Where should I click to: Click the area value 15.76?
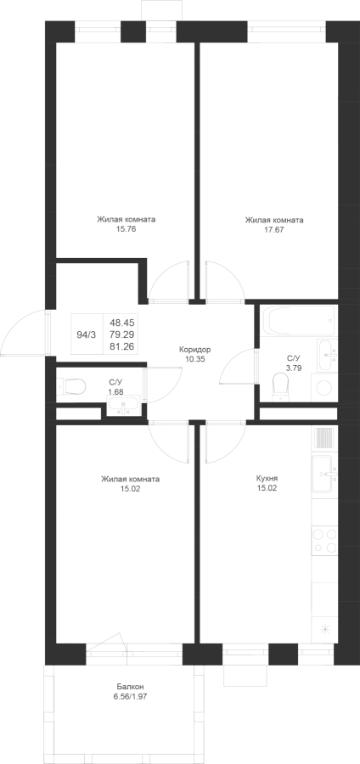click(127, 229)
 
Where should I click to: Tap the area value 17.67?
click(274, 229)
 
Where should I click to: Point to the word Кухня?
click(267, 479)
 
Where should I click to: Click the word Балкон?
click(130, 687)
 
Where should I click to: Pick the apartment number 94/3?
click(87, 334)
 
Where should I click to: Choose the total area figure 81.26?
click(123, 346)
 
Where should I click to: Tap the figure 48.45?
click(123, 323)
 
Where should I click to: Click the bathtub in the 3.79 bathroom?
click(298, 321)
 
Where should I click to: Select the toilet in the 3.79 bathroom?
click(280, 384)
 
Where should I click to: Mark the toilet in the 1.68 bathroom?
click(72, 387)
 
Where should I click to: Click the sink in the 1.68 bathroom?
click(123, 406)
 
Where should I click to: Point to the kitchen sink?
click(324, 474)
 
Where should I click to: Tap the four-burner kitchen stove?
click(324, 540)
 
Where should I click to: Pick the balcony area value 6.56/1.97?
click(130, 697)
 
